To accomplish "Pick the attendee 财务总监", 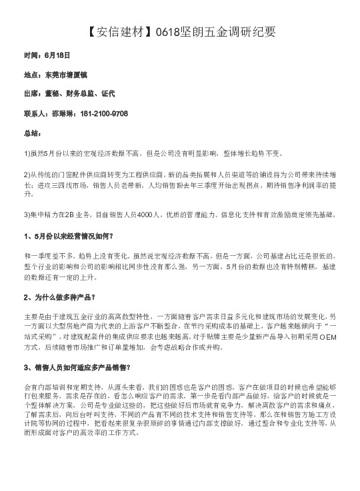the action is pyautogui.click(x=83, y=95).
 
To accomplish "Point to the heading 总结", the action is pyautogui.click(x=32, y=133).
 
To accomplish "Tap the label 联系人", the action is pyautogui.click(x=35, y=114).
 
